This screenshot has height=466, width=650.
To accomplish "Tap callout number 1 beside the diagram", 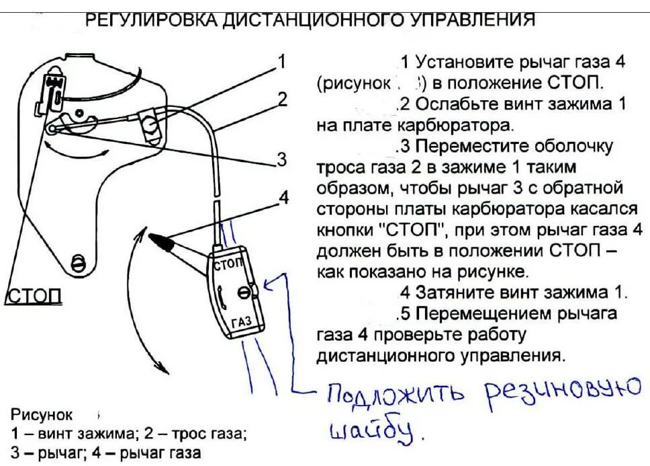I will [x=282, y=62].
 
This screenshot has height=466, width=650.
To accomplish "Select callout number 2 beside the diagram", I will [x=282, y=100].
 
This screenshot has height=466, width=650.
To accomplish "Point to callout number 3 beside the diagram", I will [x=282, y=159].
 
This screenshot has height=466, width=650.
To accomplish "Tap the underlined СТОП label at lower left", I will [x=34, y=296].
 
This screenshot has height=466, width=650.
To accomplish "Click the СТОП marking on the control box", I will [x=229, y=264].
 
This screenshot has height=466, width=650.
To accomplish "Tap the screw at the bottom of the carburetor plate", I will [x=78, y=263].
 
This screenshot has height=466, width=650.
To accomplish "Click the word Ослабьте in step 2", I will [x=447, y=105].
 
